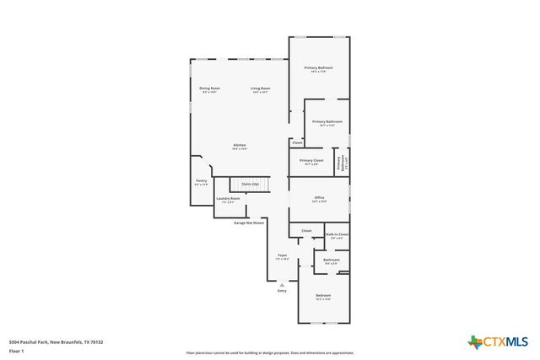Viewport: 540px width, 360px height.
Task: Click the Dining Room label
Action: click(x=209, y=89)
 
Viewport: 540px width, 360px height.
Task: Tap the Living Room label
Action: click(x=260, y=89)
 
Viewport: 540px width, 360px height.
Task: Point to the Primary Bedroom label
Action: click(x=318, y=69)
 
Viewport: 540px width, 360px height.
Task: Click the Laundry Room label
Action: click(x=228, y=200)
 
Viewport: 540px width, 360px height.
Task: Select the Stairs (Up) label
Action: click(x=250, y=183)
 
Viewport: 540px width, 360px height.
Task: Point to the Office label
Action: click(x=318, y=200)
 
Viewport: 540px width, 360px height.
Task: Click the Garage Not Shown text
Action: click(x=249, y=223)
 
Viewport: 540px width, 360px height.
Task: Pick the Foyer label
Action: click(x=283, y=257)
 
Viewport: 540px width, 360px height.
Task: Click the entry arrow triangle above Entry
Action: click(x=281, y=284)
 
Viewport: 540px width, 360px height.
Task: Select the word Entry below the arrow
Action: click(x=281, y=291)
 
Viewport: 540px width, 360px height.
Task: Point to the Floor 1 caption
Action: click(x=16, y=351)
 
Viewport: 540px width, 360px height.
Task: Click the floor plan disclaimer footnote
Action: click(x=270, y=353)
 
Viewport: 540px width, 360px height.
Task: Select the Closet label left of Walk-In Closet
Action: click(x=306, y=230)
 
